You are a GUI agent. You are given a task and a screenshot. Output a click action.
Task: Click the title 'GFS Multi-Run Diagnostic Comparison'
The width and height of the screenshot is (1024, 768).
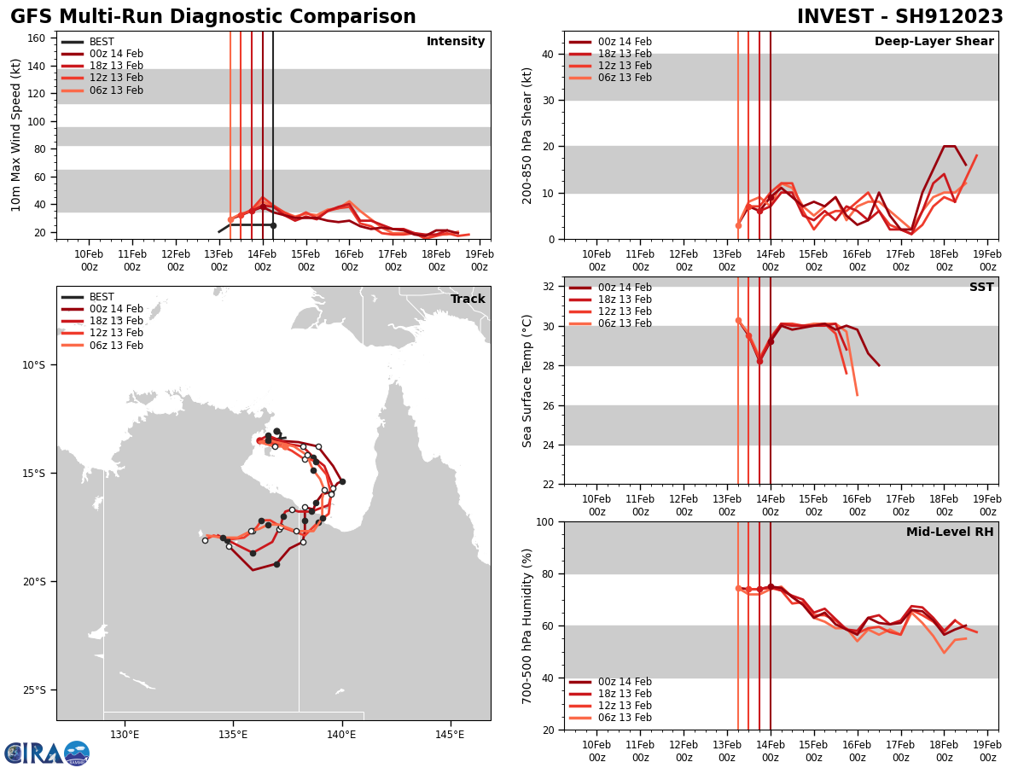pos(213,17)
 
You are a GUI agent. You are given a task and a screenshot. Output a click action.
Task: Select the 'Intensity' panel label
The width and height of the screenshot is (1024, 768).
pos(456,42)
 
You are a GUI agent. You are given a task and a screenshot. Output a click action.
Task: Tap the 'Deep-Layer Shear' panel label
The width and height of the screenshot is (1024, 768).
pos(934,42)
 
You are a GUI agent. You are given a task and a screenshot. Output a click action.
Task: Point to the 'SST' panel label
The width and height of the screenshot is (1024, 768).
pos(981,288)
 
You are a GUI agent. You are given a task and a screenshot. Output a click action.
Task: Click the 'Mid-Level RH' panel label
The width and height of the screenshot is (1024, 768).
pos(950,532)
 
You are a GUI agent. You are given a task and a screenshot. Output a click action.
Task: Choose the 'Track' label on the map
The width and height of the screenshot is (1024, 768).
pos(468,300)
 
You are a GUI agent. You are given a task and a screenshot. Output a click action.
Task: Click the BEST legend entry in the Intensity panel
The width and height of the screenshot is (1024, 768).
pos(102,42)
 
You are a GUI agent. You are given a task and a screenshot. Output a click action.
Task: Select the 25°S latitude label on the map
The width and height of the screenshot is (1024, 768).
pos(33,690)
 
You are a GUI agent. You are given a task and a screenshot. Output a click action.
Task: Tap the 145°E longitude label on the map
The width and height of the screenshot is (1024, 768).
pos(450,734)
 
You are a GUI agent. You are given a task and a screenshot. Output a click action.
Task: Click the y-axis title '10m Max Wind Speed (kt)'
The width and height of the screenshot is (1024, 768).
pos(16,135)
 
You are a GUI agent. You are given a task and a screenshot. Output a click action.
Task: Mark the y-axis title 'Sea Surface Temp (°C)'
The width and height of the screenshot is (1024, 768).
pos(528,381)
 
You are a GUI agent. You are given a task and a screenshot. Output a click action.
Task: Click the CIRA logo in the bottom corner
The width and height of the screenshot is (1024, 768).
pos(46,753)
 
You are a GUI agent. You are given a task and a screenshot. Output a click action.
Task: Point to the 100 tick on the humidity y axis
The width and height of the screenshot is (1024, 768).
pos(543,521)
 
